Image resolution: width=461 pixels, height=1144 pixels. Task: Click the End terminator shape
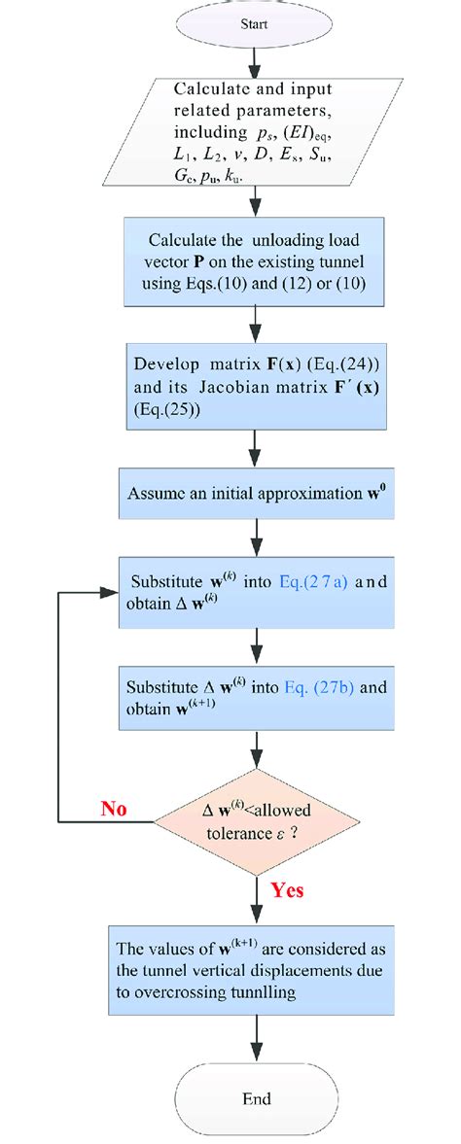tap(255, 1098)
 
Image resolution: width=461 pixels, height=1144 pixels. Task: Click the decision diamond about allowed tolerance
tap(255, 821)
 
